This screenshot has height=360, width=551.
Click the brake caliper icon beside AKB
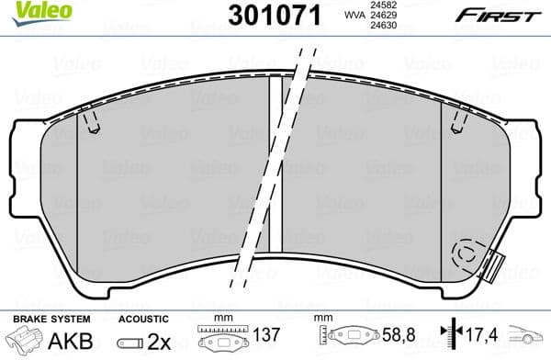[x=25, y=341]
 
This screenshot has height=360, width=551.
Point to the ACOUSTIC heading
[x=140, y=318]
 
